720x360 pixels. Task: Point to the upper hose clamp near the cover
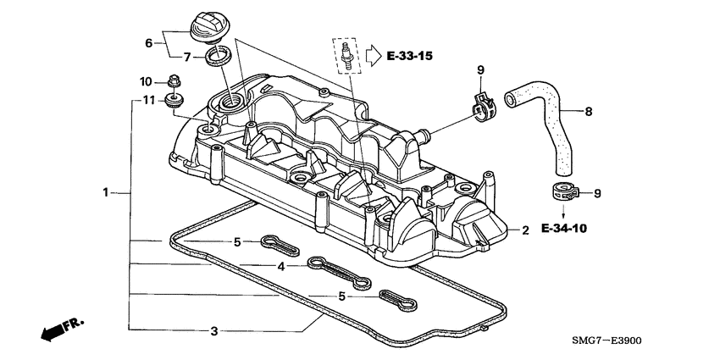(x=485, y=106)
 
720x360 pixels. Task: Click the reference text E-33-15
(x=409, y=57)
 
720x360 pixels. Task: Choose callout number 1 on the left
(x=107, y=192)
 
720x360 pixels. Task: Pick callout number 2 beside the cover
(x=524, y=230)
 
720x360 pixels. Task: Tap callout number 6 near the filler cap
(x=149, y=42)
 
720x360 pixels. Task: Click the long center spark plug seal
(x=340, y=273)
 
